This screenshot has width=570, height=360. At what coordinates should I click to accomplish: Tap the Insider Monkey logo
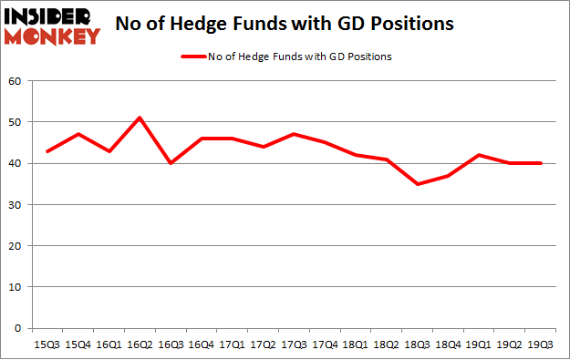tap(52, 25)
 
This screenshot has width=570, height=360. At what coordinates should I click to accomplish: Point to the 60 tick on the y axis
tap(15, 81)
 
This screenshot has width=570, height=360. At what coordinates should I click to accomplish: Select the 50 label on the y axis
tap(15, 122)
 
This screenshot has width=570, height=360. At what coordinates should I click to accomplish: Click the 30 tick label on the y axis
tap(15, 204)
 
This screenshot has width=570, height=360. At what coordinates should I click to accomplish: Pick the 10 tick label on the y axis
tap(15, 287)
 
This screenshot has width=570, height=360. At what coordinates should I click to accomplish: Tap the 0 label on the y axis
tap(17, 328)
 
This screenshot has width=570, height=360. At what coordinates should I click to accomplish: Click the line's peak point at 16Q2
tap(140, 118)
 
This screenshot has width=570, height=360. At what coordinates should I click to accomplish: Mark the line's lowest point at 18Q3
tap(418, 184)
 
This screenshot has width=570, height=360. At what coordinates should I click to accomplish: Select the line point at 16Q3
tap(171, 163)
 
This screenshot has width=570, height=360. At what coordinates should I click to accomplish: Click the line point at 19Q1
tap(480, 155)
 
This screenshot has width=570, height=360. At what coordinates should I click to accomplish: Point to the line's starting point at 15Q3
tap(47, 150)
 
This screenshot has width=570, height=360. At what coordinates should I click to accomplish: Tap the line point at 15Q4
tap(78, 134)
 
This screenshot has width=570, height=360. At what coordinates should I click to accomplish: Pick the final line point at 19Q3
tap(541, 163)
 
